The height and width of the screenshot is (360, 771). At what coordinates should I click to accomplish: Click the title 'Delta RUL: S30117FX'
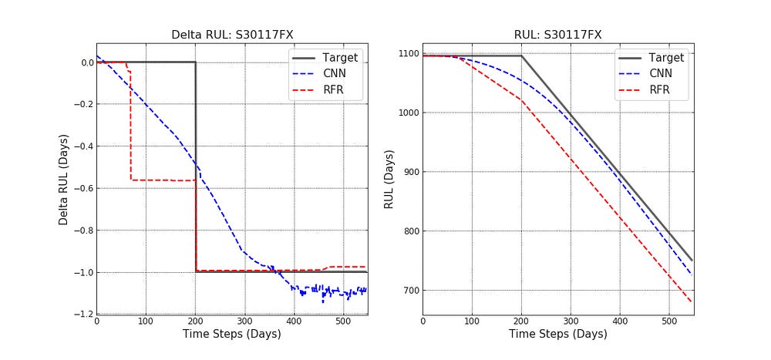[231, 35]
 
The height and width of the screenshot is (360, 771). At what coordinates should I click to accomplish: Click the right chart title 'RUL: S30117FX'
[557, 35]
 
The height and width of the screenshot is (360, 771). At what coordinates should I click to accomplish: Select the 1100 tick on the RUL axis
[406, 54]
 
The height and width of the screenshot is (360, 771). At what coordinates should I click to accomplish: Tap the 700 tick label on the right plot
[408, 291]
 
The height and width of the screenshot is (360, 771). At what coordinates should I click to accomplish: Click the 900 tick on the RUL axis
[408, 172]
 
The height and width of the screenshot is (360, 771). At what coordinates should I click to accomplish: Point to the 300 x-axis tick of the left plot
[244, 321]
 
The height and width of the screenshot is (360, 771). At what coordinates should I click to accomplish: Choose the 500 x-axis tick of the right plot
[669, 321]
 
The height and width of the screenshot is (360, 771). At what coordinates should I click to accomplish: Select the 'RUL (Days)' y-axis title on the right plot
[390, 179]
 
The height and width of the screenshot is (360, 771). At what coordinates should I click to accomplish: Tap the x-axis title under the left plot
[231, 335]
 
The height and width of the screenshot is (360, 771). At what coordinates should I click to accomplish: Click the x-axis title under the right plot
[557, 335]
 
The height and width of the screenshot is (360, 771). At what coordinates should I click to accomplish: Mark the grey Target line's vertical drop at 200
[195, 166]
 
